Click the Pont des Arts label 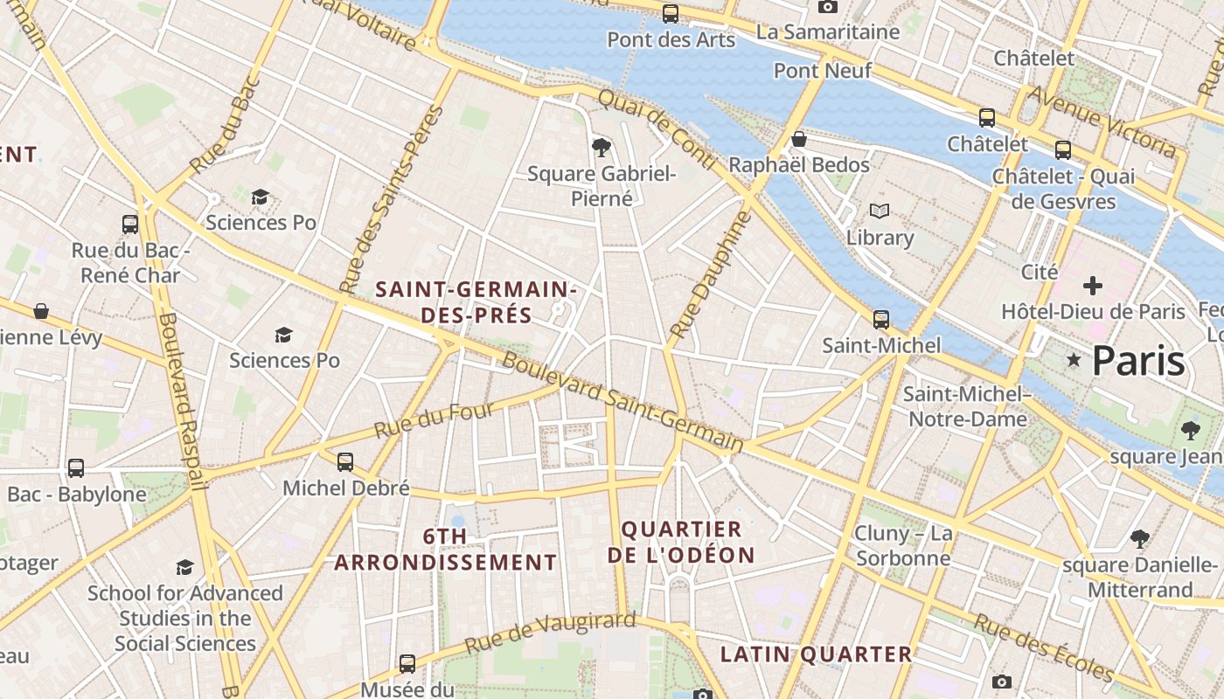(671, 39)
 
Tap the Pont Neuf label (823, 71)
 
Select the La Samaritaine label (827, 32)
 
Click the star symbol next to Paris (1073, 360)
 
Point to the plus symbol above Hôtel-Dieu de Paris (1092, 286)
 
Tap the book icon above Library (879, 211)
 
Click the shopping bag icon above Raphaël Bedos (798, 139)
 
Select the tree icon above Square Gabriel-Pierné (601, 147)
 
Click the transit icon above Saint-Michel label (880, 320)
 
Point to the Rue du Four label (434, 420)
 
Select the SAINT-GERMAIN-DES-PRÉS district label (476, 302)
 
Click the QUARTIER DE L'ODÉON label (686, 542)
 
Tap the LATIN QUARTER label (816, 654)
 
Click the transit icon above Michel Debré (345, 461)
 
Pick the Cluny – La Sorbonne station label (903, 545)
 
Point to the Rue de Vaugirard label (549, 633)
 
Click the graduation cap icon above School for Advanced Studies (184, 568)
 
